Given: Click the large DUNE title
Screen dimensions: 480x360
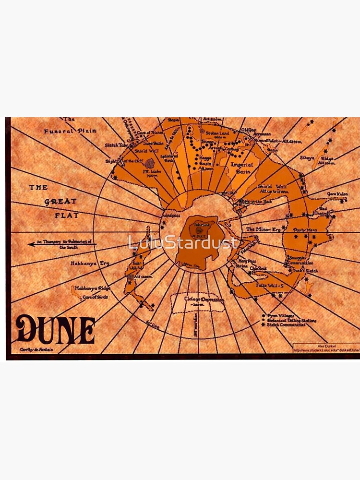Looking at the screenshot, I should click(55, 329).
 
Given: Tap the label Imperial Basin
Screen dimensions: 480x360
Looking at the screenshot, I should click(241, 168).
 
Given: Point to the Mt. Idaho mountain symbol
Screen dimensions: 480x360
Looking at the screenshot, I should click(150, 164).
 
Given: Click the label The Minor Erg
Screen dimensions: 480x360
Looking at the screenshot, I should click(263, 229).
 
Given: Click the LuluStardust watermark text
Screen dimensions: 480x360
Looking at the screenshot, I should click(183, 242).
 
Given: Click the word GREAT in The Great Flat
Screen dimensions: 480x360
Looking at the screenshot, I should click(60, 202).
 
